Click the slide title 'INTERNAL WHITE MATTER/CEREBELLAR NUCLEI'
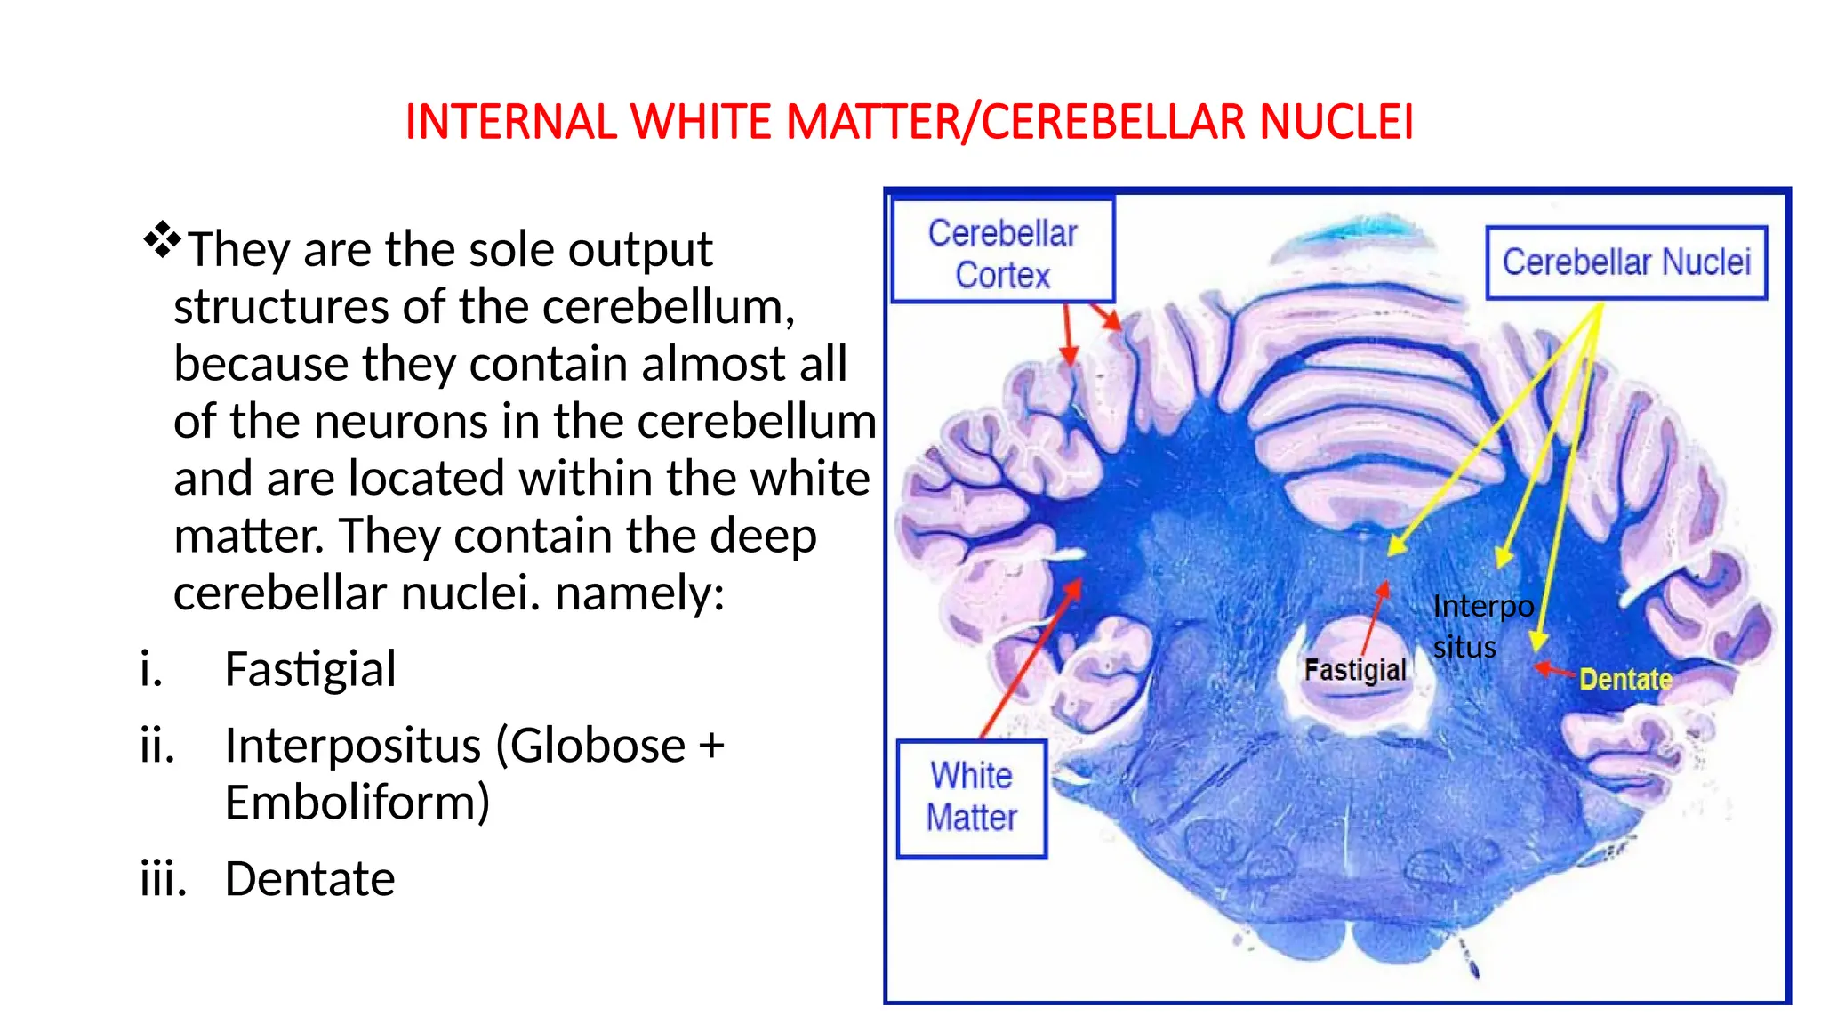(x=909, y=122)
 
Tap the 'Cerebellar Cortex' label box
(x=1002, y=253)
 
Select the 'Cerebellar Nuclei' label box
(x=1625, y=262)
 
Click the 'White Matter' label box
(x=971, y=797)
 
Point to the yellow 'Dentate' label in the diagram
(x=1625, y=680)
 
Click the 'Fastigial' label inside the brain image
(x=1354, y=670)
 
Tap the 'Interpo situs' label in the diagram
(x=1481, y=626)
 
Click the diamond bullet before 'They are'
(x=162, y=239)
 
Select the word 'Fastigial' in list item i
(x=309, y=669)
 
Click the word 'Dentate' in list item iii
(x=309, y=879)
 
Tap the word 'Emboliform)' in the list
(x=357, y=803)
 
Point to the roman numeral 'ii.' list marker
(x=157, y=746)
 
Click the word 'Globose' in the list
(x=597, y=746)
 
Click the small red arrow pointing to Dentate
(x=1553, y=670)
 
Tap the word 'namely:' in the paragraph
(x=639, y=593)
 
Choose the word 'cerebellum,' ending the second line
(x=669, y=307)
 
